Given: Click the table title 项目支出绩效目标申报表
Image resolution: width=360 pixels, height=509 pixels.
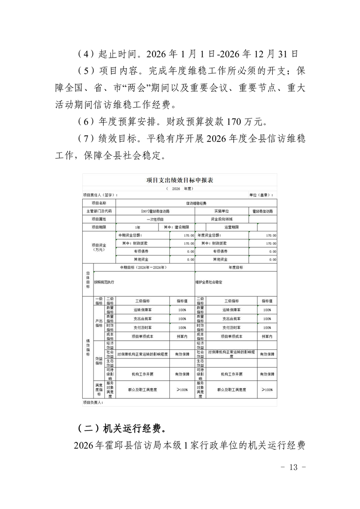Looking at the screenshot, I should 180,180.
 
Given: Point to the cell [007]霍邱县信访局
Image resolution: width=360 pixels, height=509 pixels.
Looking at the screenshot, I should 155,211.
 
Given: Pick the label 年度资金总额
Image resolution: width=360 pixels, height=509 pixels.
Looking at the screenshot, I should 209,235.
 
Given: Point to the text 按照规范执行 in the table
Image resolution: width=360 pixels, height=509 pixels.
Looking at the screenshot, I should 104,282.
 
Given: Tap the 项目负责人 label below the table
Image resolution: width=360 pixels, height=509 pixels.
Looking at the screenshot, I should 93,402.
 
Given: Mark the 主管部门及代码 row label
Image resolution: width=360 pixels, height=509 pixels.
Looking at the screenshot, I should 99,211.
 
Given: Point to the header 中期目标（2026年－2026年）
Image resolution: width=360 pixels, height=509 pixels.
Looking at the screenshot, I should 143,268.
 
